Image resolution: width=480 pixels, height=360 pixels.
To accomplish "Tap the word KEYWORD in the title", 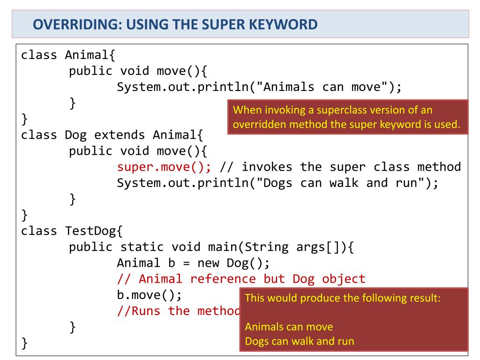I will [x=283, y=24].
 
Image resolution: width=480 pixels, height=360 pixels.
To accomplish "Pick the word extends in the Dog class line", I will [x=120, y=135].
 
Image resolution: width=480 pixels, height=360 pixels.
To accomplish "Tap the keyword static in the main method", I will [x=142, y=247].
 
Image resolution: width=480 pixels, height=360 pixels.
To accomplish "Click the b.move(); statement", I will [x=149, y=295].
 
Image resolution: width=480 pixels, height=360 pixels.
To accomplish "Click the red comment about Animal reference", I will [x=241, y=279].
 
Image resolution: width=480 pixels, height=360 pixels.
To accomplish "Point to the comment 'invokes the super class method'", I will [x=340, y=167].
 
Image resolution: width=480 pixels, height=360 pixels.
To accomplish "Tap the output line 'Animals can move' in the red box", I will [x=289, y=327].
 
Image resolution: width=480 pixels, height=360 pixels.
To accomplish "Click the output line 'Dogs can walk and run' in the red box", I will [x=300, y=341].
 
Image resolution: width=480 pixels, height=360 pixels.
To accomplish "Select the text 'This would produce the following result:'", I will [x=343, y=298].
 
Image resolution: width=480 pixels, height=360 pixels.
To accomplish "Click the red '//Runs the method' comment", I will [x=178, y=311].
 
